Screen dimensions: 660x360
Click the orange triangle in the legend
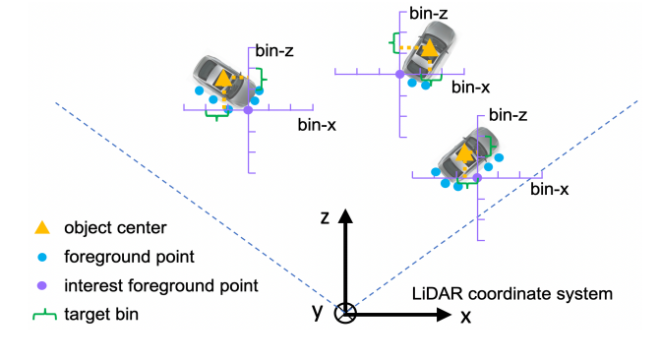42,228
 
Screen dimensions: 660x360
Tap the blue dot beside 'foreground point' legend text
42,257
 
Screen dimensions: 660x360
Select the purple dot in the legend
41,286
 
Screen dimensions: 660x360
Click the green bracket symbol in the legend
44,316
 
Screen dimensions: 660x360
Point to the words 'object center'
115,228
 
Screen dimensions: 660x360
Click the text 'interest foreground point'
160,286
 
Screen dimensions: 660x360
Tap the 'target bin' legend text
101,315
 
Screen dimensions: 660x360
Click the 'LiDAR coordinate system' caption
512,293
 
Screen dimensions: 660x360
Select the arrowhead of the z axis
345,215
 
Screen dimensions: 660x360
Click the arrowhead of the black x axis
445,315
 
